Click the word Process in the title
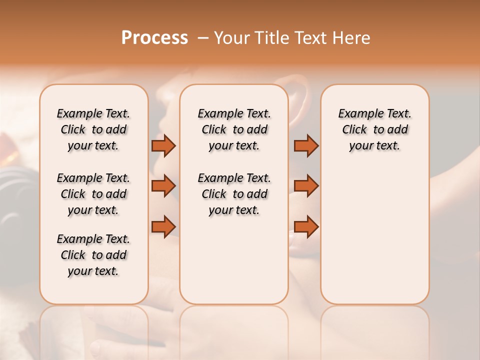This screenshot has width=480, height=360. pyautogui.click(x=154, y=38)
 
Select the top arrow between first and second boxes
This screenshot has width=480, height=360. pyautogui.click(x=163, y=145)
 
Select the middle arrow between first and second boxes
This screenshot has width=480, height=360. pyautogui.click(x=163, y=186)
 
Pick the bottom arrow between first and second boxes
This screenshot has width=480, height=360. pyautogui.click(x=163, y=226)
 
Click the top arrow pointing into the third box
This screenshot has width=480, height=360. pyautogui.click(x=306, y=145)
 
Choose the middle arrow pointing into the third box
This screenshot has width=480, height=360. pyautogui.click(x=306, y=186)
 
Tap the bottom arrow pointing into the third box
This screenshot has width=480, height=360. pyautogui.click(x=306, y=226)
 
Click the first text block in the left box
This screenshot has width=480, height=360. pyautogui.click(x=93, y=129)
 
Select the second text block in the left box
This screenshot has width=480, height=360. pyautogui.click(x=93, y=194)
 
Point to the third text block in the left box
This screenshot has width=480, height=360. pyautogui.click(x=93, y=255)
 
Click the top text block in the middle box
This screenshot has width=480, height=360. pyautogui.click(x=234, y=129)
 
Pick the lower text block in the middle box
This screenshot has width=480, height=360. pyautogui.click(x=234, y=194)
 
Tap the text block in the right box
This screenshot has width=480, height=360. pyautogui.click(x=374, y=129)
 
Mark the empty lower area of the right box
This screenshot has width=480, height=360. pyautogui.click(x=374, y=235)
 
